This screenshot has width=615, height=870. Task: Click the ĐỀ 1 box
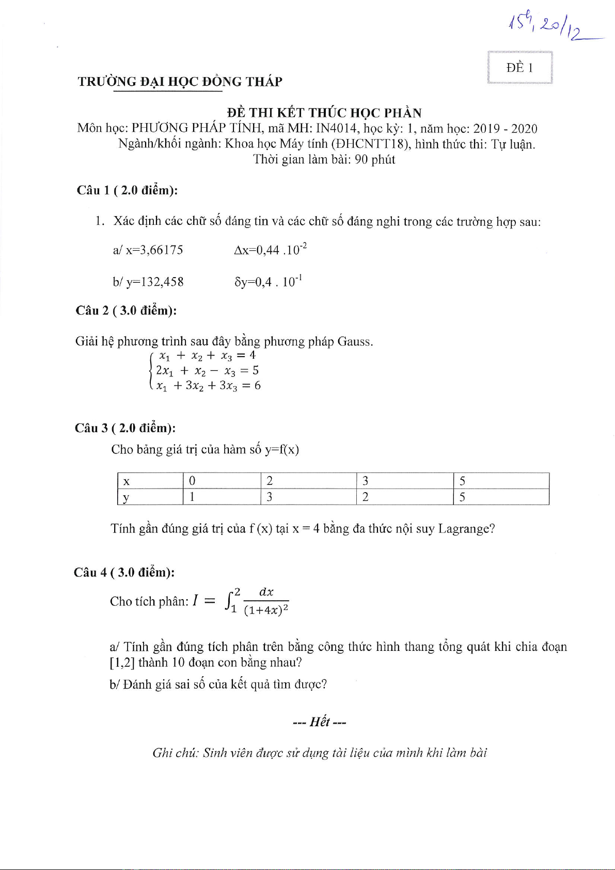(519, 68)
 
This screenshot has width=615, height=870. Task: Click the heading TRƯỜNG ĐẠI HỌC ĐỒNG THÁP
(180, 82)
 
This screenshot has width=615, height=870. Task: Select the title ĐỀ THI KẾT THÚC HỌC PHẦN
(324, 113)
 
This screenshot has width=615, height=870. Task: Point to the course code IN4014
(337, 129)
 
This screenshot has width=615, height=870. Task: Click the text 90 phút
(375, 159)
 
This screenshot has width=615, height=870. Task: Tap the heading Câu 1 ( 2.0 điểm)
(127, 190)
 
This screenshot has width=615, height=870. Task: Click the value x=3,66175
(148, 250)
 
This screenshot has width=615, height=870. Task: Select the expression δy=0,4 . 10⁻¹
(268, 282)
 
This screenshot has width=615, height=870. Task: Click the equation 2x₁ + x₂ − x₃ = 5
(207, 371)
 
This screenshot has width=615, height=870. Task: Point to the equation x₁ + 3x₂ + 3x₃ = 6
(208, 386)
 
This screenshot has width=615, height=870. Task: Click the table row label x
(127, 481)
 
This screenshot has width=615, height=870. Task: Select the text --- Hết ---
(319, 722)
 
